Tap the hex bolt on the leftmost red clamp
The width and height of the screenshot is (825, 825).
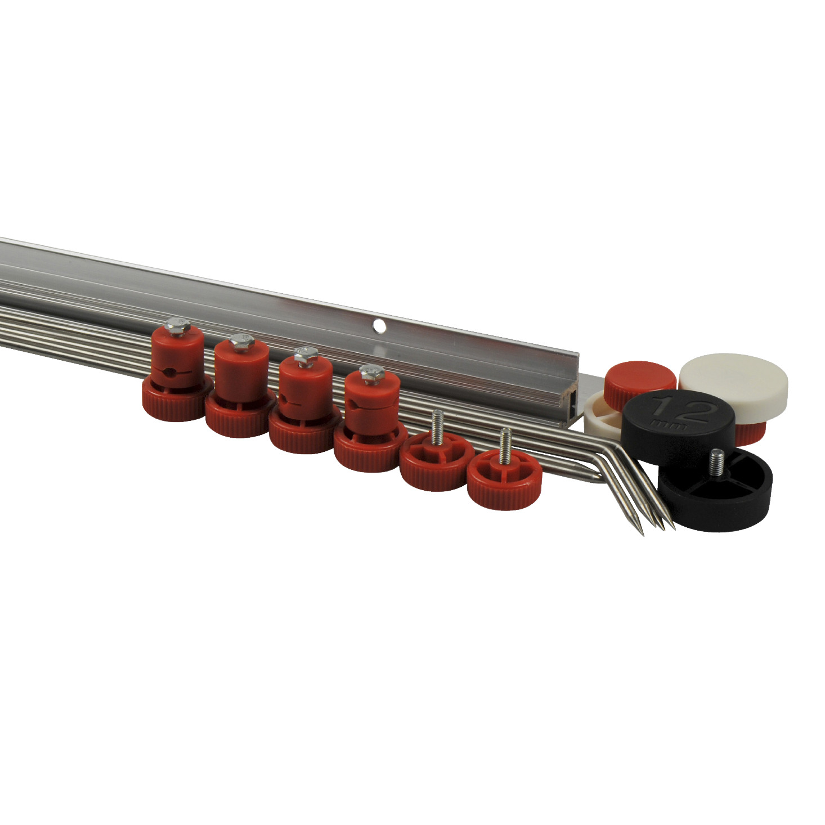(x=177, y=325)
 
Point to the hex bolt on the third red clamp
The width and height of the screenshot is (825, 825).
(x=306, y=357)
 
